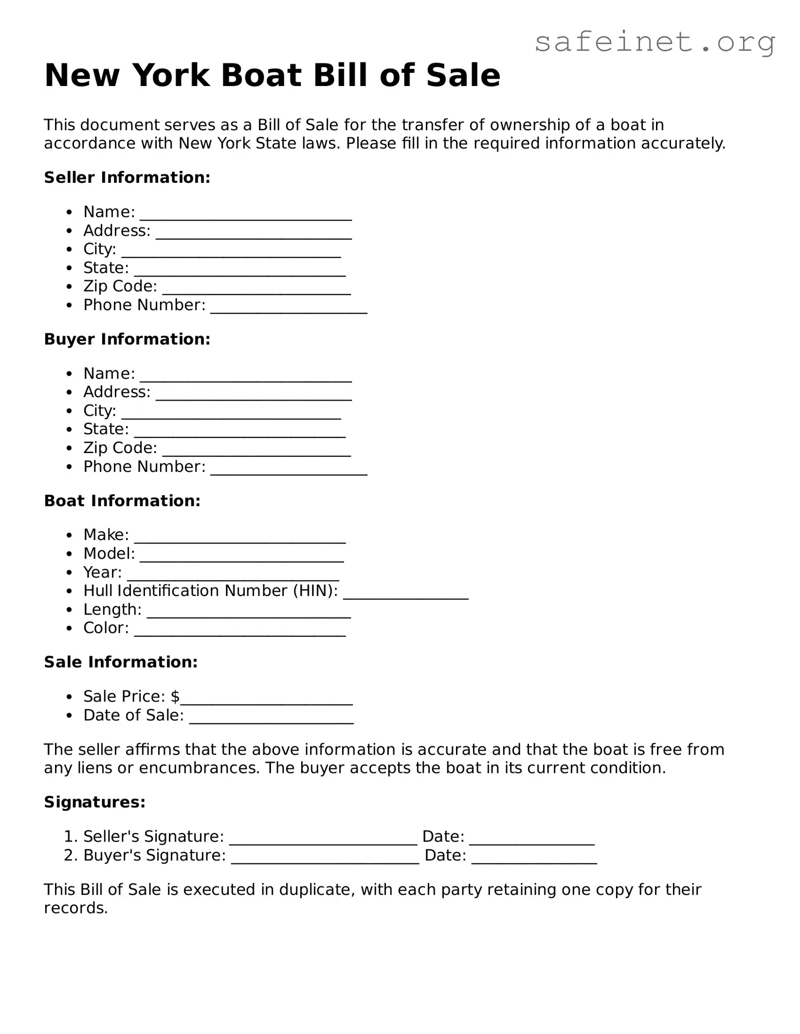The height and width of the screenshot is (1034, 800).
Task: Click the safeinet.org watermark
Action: (655, 42)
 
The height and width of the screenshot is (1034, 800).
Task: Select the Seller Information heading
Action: (127, 177)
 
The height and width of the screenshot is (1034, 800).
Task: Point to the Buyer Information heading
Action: (127, 339)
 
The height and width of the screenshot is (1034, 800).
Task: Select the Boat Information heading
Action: (122, 501)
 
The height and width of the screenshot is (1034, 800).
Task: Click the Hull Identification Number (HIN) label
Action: (210, 591)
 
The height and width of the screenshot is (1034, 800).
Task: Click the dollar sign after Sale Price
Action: (175, 697)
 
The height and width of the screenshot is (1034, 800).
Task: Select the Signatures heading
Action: (94, 802)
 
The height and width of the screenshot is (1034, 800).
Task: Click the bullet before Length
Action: (71, 610)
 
